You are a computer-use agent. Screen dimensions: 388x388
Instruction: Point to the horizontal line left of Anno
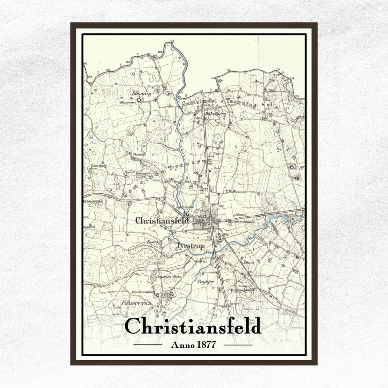click(x=148, y=344)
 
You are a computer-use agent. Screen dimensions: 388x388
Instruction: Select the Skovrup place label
click(x=142, y=93)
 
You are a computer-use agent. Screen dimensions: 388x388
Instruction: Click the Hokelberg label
click(x=215, y=114)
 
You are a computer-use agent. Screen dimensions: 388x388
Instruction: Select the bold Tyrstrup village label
click(x=190, y=246)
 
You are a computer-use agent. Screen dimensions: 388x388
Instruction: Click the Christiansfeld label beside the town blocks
click(x=162, y=221)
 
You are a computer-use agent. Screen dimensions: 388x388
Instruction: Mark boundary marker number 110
click(x=172, y=41)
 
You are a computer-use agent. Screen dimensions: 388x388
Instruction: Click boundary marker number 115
click(x=228, y=70)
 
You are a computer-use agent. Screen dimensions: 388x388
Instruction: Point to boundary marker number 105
click(x=108, y=70)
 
